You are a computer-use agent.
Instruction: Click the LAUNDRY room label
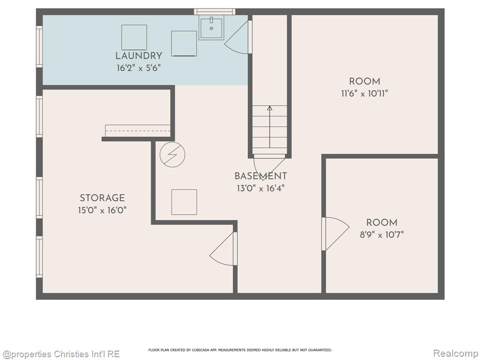tap(139, 56)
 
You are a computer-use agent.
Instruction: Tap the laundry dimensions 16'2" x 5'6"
tap(139, 68)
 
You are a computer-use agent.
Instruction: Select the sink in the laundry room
tap(211, 27)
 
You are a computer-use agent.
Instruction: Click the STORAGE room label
tap(102, 198)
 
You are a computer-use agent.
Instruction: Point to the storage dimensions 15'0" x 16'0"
tap(102, 210)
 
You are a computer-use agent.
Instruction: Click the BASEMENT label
tap(261, 176)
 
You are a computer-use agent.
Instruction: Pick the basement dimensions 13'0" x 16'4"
tap(261, 188)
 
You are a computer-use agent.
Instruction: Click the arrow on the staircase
tap(270, 127)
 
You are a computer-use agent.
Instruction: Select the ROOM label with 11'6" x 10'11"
tap(365, 82)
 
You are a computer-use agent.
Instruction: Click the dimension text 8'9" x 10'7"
tap(382, 235)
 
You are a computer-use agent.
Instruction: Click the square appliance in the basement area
tap(184, 202)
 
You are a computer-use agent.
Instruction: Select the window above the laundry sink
tap(215, 12)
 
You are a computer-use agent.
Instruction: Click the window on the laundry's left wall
tap(39, 46)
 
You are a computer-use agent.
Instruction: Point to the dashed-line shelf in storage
tap(138, 131)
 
